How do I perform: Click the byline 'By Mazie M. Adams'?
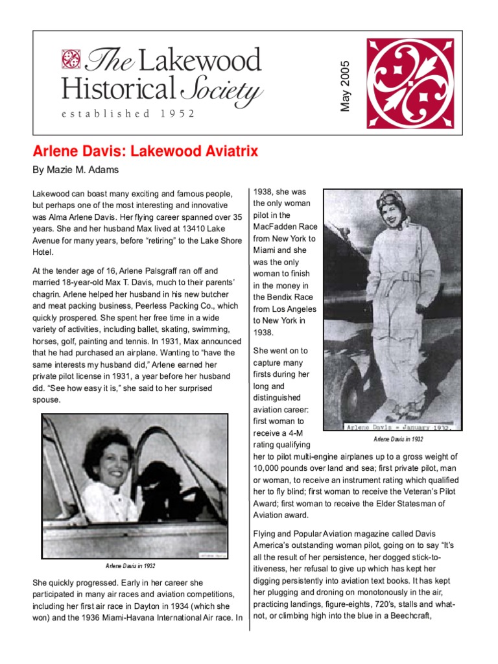[x=75, y=171]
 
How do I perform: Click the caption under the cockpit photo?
[x=130, y=566]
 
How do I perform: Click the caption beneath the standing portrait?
[x=398, y=439]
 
